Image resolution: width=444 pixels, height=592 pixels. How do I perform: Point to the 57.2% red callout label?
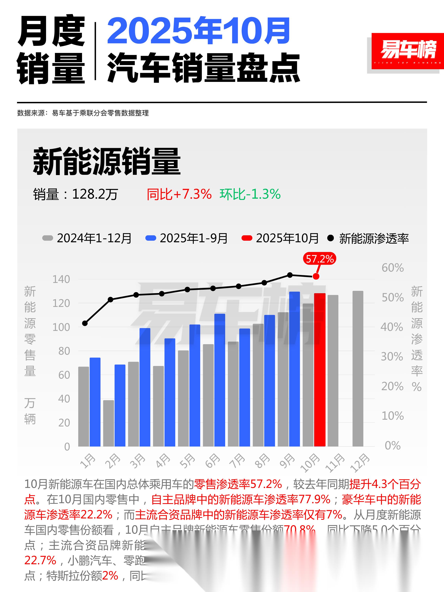[319, 259]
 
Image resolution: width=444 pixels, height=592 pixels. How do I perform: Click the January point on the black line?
[85, 323]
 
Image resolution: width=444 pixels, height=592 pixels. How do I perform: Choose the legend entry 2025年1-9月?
[187, 238]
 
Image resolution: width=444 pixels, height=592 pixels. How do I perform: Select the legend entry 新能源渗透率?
[368, 238]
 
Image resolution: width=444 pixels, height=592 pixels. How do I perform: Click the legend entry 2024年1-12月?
[87, 238]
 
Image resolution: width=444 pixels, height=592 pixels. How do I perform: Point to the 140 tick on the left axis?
[61, 279]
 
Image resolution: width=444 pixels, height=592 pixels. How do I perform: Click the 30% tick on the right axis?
[392, 356]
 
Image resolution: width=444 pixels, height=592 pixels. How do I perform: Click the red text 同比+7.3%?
[179, 194]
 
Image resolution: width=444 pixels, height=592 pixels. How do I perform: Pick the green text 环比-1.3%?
[250, 194]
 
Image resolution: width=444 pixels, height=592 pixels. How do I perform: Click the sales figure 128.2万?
[95, 194]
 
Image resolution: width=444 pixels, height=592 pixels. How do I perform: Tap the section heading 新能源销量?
[106, 161]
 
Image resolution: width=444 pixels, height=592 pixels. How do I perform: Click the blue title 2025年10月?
[199, 31]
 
